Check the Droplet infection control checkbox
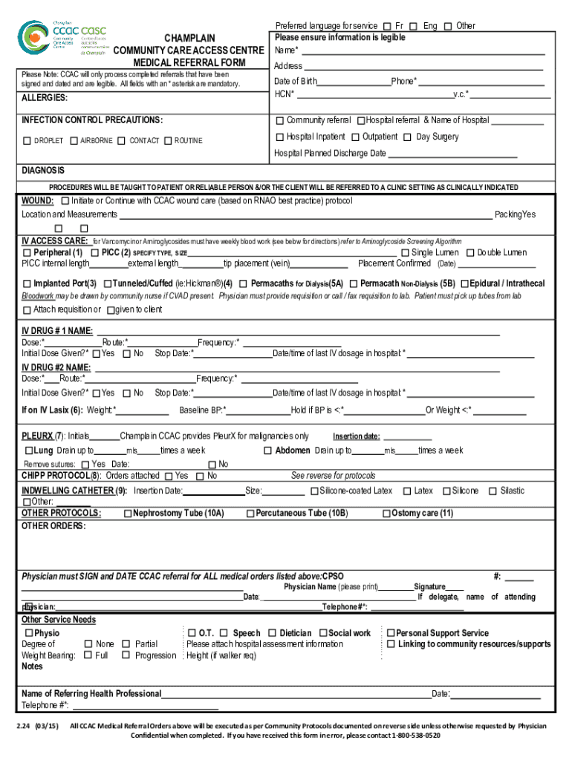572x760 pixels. [x=27, y=141]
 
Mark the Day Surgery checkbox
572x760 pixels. [x=409, y=137]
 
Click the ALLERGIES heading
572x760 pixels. [x=44, y=98]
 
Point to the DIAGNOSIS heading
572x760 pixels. [x=43, y=170]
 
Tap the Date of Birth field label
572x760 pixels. [x=295, y=81]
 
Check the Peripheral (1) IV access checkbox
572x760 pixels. [x=27, y=253]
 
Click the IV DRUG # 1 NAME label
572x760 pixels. [x=57, y=330]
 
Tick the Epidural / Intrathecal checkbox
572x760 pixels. [x=464, y=284]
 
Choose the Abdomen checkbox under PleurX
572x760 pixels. [x=268, y=451]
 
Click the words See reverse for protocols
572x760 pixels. [x=333, y=476]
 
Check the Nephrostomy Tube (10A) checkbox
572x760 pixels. [x=128, y=514]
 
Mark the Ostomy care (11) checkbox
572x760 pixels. [x=386, y=514]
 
